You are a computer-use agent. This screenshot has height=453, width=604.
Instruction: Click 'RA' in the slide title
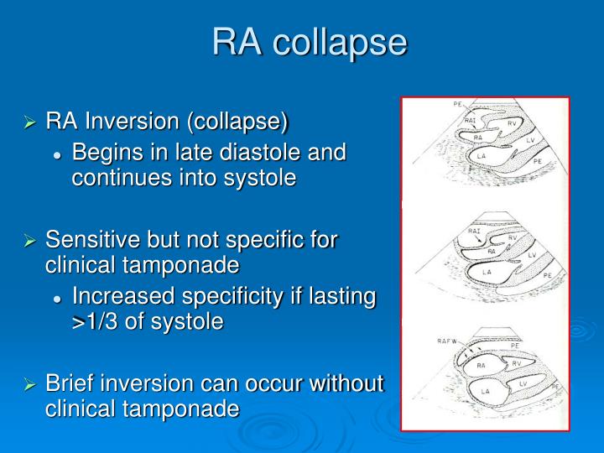click(x=237, y=42)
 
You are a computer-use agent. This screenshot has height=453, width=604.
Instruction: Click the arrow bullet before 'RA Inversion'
click(x=30, y=123)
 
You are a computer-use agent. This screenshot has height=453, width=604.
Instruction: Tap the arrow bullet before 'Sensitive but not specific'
click(x=30, y=240)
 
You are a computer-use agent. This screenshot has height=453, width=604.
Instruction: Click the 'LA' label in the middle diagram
click(x=486, y=272)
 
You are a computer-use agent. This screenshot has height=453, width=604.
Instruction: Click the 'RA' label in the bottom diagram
click(x=482, y=366)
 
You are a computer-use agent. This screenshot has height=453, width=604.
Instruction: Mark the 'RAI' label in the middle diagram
click(x=474, y=230)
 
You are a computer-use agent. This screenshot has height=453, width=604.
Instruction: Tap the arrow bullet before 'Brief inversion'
click(x=30, y=384)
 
